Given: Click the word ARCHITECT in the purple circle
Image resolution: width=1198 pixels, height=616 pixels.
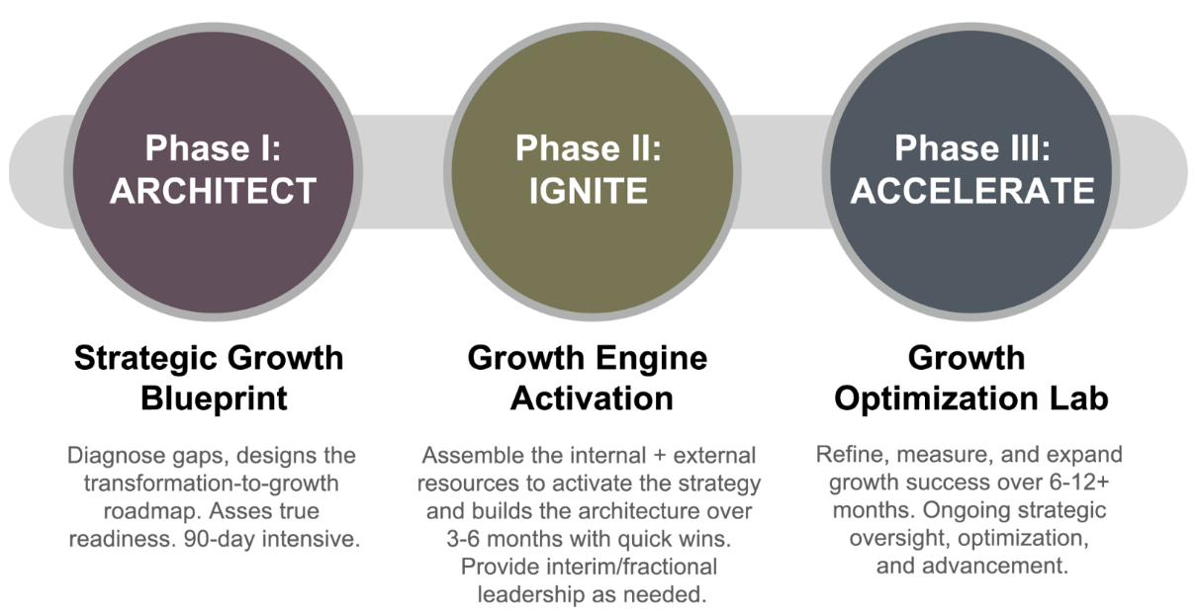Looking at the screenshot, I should click(x=213, y=191).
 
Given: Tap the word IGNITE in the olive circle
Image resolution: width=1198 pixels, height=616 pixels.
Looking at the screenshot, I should click(x=588, y=191).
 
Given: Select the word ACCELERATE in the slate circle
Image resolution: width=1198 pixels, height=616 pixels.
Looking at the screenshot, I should click(x=972, y=191).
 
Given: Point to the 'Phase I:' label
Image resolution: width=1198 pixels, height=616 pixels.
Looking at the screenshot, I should click(x=213, y=148).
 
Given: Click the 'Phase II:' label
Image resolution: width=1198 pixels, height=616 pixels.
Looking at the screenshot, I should click(x=588, y=148).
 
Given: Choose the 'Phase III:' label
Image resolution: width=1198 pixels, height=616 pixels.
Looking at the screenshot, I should click(x=972, y=148).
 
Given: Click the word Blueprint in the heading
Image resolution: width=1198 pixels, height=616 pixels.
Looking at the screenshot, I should click(x=213, y=397).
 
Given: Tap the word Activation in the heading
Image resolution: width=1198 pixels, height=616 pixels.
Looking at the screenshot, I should click(x=588, y=397).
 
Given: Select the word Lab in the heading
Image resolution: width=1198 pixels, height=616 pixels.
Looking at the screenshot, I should click(x=1079, y=397).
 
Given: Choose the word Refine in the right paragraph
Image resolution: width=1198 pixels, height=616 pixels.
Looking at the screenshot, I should click(x=847, y=457).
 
